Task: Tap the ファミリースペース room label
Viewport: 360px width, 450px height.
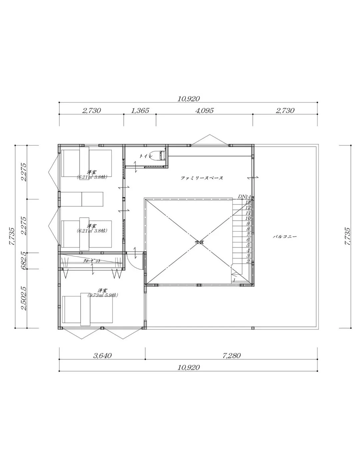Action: click(202, 178)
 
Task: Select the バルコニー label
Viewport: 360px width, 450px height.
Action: click(285, 237)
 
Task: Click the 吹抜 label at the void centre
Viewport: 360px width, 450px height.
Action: click(199, 242)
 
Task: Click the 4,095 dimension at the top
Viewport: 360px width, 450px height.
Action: click(204, 111)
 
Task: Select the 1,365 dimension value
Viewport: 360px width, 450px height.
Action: click(140, 111)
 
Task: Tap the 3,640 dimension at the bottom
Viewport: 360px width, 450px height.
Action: click(102, 356)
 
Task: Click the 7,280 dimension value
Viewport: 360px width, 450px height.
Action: click(231, 356)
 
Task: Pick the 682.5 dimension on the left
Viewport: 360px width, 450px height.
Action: click(23, 261)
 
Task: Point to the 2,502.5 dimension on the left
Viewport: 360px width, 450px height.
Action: click(23, 298)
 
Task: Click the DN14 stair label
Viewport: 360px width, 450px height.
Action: click(244, 197)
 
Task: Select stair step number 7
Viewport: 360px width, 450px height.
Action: click(248, 235)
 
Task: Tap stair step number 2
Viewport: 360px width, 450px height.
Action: click(248, 261)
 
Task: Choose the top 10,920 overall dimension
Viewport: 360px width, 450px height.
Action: click(189, 99)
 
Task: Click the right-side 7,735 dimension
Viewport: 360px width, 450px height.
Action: click(347, 237)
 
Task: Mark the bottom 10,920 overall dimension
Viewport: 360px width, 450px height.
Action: click(189, 367)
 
